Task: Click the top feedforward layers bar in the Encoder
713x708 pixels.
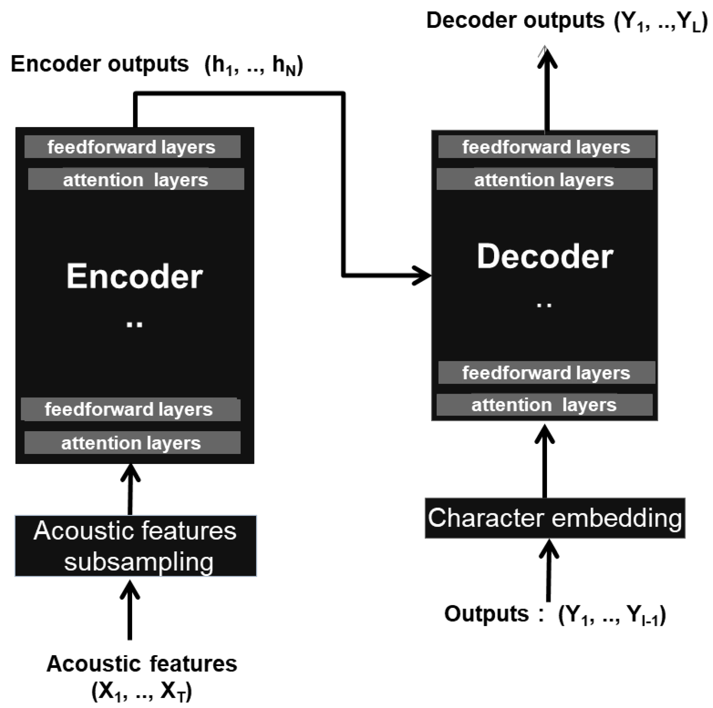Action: tap(132, 147)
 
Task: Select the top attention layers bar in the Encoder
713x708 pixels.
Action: tap(136, 179)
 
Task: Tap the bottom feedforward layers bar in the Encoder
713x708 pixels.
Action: tap(131, 409)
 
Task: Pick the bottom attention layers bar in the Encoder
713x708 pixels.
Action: tap(132, 443)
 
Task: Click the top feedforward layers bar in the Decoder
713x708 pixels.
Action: tap(546, 147)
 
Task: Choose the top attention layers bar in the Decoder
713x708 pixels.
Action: tap(544, 179)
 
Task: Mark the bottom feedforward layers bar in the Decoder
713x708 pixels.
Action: tap(546, 373)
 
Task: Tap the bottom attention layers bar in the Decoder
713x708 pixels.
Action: tap(544, 405)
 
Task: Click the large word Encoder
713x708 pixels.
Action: tap(134, 277)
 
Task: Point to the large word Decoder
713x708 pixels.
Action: tap(545, 257)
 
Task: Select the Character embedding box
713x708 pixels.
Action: tap(555, 518)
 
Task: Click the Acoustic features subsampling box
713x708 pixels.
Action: tap(135, 546)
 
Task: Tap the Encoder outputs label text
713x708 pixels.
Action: tap(100, 64)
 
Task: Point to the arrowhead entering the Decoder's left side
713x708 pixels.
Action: tap(423, 275)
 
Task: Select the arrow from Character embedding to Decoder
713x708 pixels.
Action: tap(545, 461)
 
